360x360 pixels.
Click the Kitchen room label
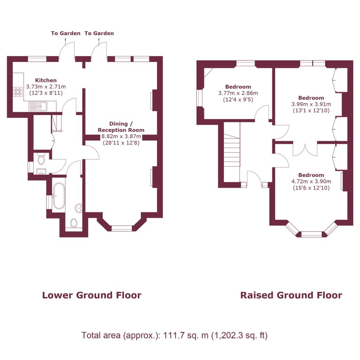(46, 81)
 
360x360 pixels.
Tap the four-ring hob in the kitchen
(18, 91)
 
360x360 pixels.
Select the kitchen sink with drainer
(38, 106)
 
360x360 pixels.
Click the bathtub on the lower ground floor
(59, 196)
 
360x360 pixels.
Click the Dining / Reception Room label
(121, 127)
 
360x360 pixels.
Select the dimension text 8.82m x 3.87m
(121, 137)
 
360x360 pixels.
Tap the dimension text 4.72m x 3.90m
(311, 181)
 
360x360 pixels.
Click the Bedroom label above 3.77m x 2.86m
(238, 87)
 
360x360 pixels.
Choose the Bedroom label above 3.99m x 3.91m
(311, 98)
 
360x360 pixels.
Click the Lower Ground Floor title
(92, 295)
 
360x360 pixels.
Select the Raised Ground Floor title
(291, 295)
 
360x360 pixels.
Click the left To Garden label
(66, 33)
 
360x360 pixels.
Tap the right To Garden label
(99, 33)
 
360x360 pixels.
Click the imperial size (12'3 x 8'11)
(46, 93)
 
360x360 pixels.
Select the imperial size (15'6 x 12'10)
(311, 188)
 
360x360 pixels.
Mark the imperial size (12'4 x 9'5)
(238, 99)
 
